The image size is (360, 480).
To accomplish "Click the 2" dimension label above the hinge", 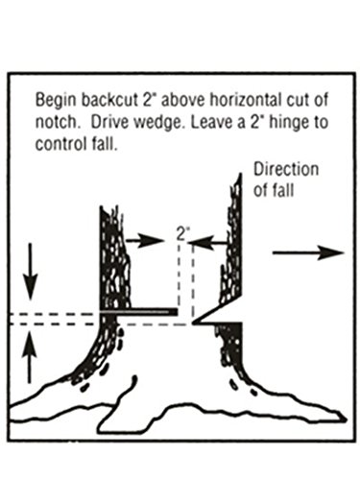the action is (x=182, y=231).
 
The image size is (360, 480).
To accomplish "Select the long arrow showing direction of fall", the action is (x=307, y=252).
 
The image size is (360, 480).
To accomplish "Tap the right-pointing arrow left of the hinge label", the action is (x=146, y=240).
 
